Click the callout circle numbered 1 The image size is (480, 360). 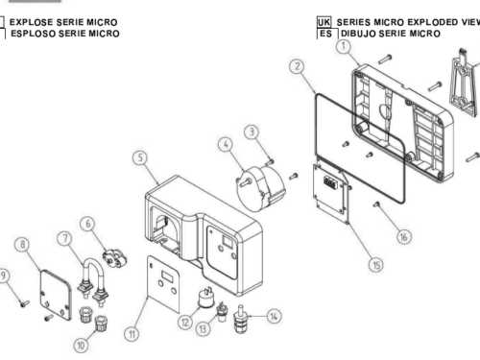344,46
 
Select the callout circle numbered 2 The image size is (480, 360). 298,66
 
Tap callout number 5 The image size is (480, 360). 140,157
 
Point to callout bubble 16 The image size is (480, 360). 404,237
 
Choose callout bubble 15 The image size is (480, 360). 376,265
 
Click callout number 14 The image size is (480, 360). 274,317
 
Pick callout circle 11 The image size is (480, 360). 132,334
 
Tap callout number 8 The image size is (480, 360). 22,245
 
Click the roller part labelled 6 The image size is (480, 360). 114,258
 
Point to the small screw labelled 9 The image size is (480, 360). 25,303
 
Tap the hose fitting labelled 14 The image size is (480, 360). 240,319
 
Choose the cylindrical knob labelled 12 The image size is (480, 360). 206,298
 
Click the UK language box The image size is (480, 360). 324,22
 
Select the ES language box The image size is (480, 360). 327,34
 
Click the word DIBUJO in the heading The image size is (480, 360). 357,34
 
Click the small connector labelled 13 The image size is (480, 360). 222,312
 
